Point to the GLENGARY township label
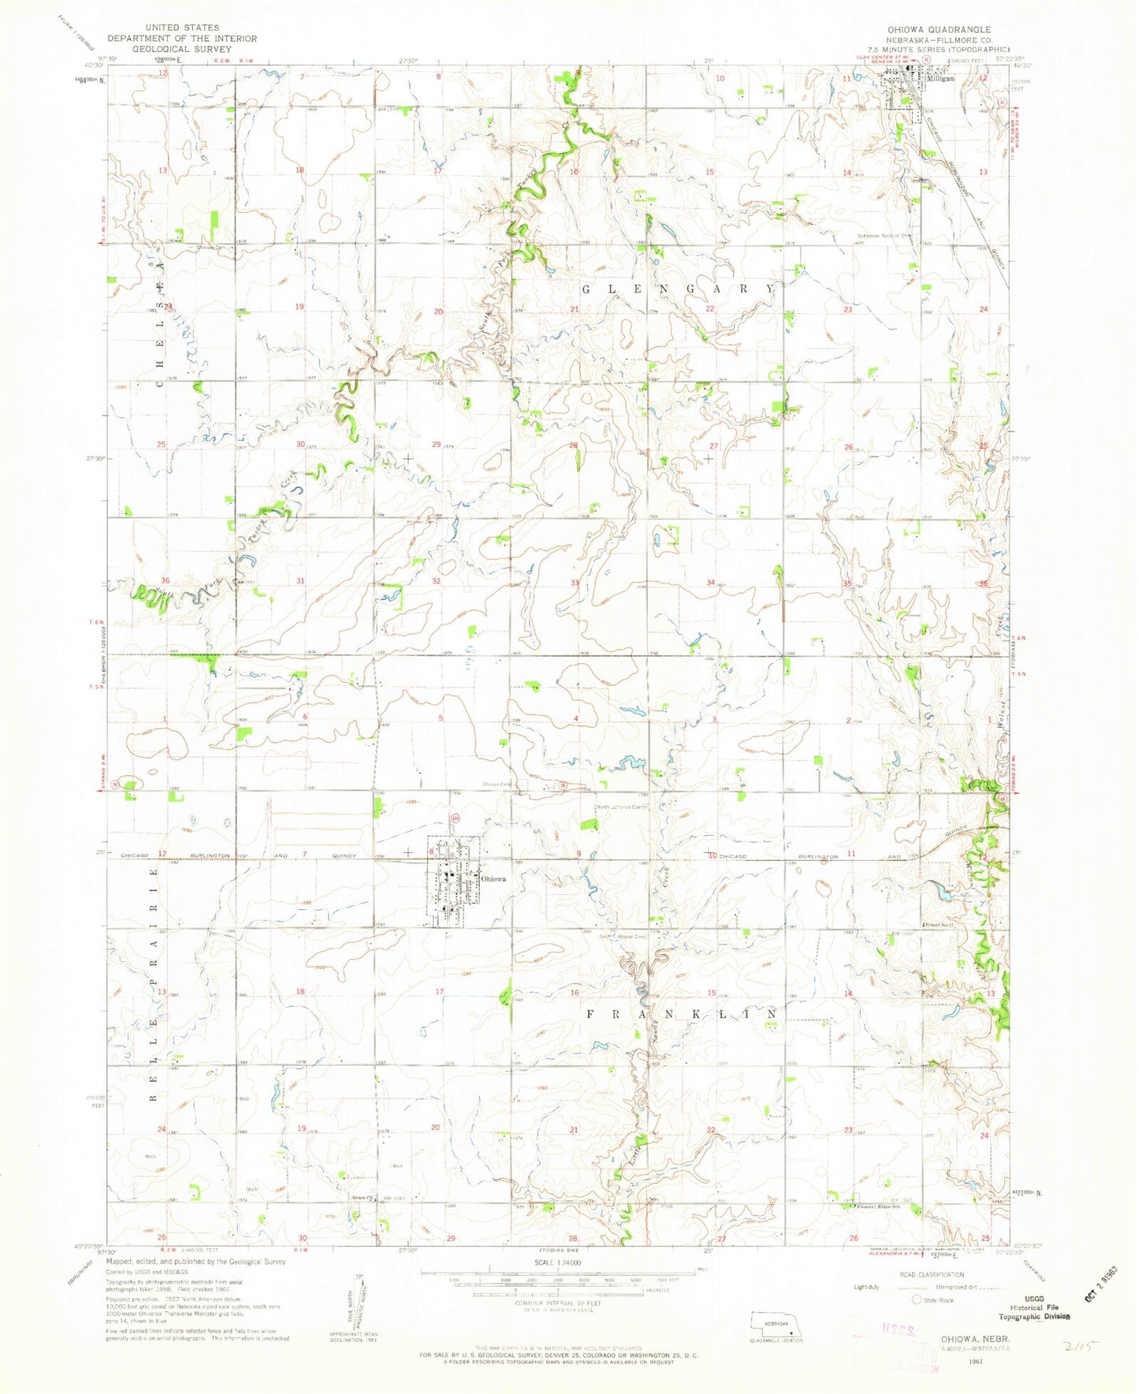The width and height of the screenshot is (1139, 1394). click(x=678, y=289)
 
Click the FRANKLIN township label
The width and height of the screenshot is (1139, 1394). click(x=683, y=1013)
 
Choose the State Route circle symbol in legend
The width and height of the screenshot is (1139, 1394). click(x=917, y=1299)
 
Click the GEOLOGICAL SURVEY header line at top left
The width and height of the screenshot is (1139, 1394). click(x=182, y=48)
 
